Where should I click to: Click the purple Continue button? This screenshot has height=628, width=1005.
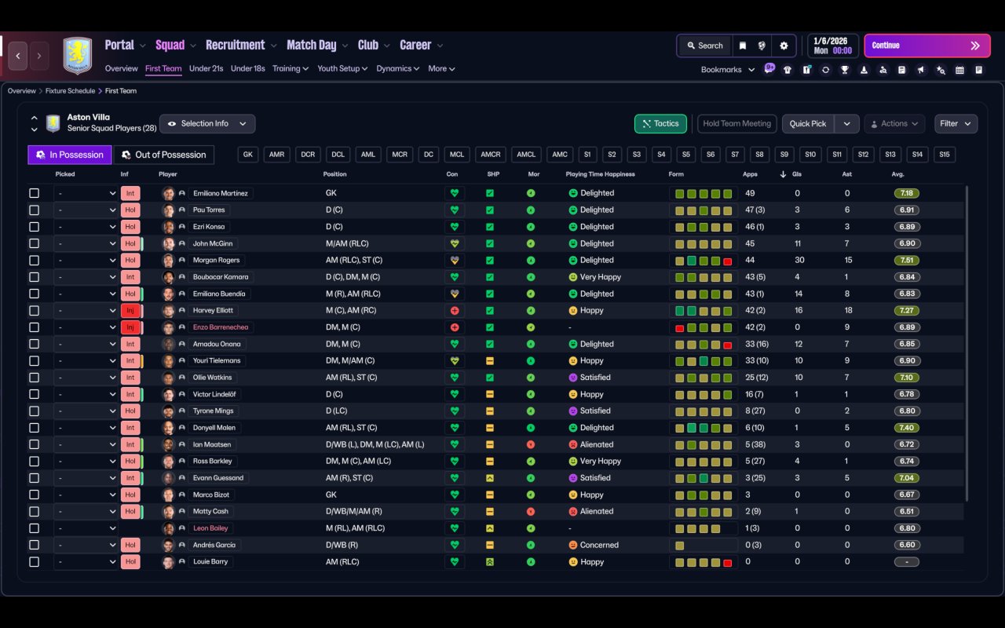pyautogui.click(x=927, y=46)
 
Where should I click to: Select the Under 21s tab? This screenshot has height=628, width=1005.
pyautogui.click(x=206, y=68)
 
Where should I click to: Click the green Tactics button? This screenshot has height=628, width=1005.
pyautogui.click(x=660, y=124)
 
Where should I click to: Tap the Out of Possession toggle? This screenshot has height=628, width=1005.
pyautogui.click(x=164, y=155)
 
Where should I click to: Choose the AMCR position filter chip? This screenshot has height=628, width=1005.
pyautogui.click(x=491, y=155)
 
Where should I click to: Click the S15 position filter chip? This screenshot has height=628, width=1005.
pyautogui.click(x=944, y=155)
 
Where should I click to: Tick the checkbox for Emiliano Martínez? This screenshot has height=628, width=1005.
pyautogui.click(x=34, y=193)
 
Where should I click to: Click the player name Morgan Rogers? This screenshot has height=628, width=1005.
pyautogui.click(x=216, y=260)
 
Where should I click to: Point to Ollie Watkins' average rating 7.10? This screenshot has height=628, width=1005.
pyautogui.click(x=906, y=378)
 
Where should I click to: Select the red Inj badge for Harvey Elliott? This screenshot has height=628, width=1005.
pyautogui.click(x=130, y=310)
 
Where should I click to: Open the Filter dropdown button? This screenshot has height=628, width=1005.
pyautogui.click(x=956, y=124)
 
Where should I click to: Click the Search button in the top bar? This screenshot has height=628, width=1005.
pyautogui.click(x=705, y=46)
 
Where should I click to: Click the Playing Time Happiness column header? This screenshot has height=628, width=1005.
pyautogui.click(x=600, y=174)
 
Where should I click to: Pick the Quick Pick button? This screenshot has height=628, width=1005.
pyautogui.click(x=808, y=124)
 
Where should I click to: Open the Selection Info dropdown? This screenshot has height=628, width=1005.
pyautogui.click(x=207, y=124)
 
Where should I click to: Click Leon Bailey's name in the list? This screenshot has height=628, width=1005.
pyautogui.click(x=210, y=528)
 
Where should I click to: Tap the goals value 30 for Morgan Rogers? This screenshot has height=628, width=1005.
pyautogui.click(x=799, y=260)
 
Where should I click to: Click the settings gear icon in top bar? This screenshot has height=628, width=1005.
pyautogui.click(x=784, y=46)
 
